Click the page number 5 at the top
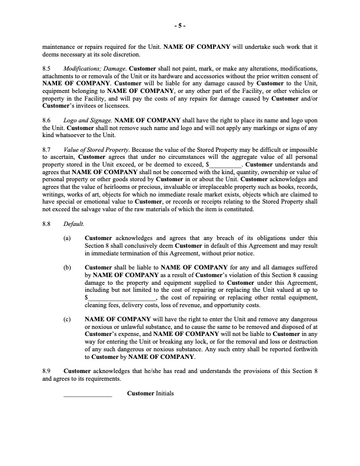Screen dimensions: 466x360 click(180, 26)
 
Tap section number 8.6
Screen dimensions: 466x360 click(48, 119)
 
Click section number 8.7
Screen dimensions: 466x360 click(48, 150)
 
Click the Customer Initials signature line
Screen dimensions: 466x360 click(87, 394)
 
